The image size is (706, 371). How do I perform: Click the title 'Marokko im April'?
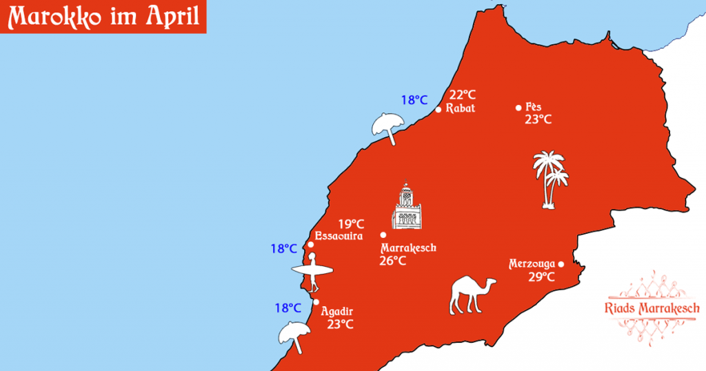coord(103,17)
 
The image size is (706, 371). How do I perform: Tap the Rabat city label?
coord(460,109)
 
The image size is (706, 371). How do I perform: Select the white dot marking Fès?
coord(518,108)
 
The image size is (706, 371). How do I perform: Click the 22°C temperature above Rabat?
coord(463,95)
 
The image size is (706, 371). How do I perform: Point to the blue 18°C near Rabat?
coord(414,100)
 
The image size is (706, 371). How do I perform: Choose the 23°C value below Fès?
coord(538,119)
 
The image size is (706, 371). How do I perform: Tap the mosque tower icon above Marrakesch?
coord(407,206)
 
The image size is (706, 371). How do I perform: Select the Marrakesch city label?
coord(408,248)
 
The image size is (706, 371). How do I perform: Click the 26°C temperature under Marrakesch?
coord(392,261)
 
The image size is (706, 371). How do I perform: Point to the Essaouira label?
coord(339,236)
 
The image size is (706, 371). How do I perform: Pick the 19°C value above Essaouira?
coord(351,223)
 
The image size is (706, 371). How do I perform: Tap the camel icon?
coord(472,294)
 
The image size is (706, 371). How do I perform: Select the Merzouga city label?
coord(532,264)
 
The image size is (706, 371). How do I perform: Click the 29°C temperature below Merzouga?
coord(542,277)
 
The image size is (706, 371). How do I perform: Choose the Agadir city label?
coord(337,312)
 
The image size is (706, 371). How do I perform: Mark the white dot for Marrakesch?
coord(383,234)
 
